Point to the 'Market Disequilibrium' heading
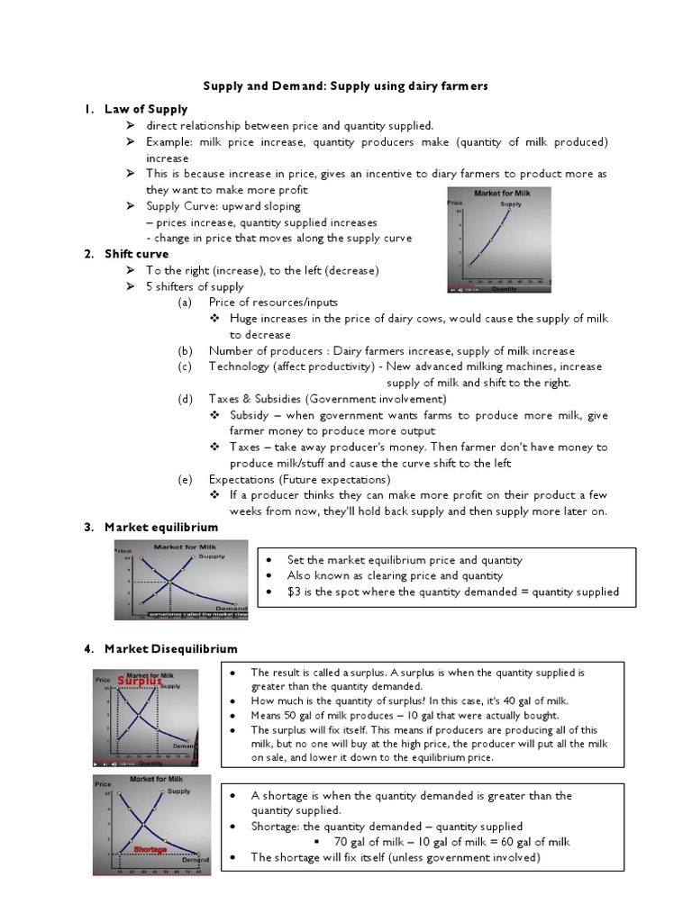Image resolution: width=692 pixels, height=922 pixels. click(171, 648)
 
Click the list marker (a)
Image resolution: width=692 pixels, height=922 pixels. click(185, 303)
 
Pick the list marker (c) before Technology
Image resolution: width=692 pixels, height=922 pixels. click(185, 366)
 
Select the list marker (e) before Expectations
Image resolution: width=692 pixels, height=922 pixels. click(185, 479)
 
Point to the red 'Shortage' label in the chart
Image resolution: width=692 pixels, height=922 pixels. click(150, 848)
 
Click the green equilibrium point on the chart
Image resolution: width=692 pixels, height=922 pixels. click(168, 583)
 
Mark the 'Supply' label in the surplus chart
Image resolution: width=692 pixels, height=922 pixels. click(170, 686)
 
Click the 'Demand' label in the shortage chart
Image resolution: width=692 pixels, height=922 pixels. click(195, 860)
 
